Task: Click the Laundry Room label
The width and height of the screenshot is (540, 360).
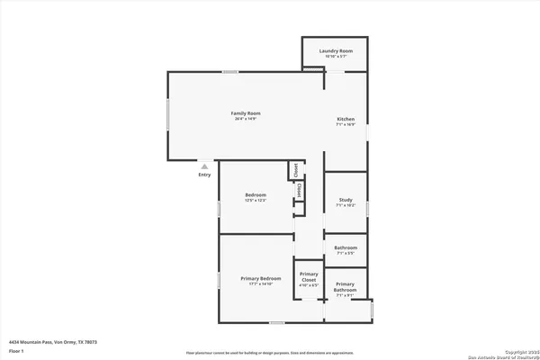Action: (335, 50)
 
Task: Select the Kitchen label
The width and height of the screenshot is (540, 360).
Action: (346, 120)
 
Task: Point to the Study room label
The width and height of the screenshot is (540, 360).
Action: (346, 200)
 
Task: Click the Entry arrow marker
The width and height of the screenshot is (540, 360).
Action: (205, 166)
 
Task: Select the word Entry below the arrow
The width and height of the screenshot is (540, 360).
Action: (205, 175)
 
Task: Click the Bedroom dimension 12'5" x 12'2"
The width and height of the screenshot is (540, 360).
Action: (256, 201)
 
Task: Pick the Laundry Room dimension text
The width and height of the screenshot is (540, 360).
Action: (335, 57)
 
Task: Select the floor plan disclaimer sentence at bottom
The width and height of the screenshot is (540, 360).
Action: (270, 353)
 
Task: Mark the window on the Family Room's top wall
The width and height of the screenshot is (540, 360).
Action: (231, 72)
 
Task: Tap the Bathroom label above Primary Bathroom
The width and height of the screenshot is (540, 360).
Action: (346, 247)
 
